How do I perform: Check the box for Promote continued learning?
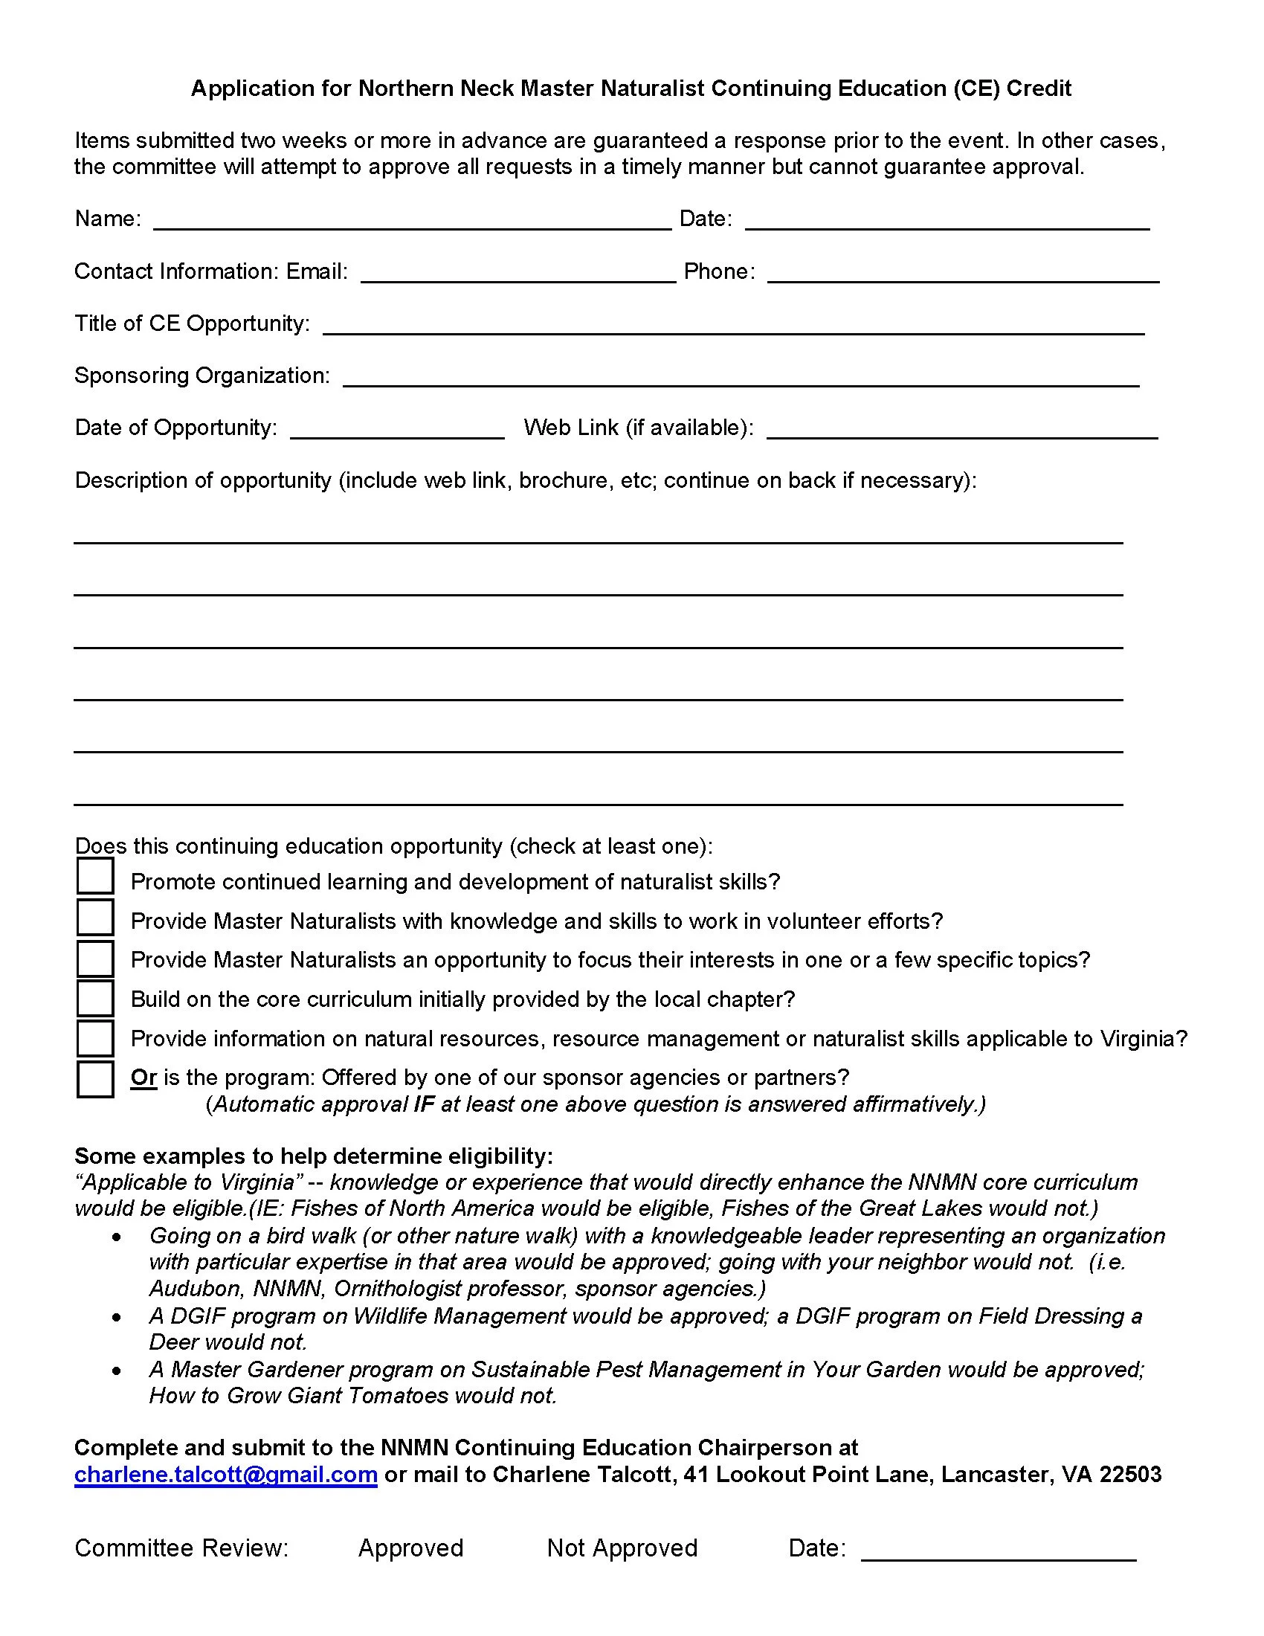(95, 877)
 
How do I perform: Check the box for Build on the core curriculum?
(95, 998)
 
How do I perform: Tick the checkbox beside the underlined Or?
(95, 1079)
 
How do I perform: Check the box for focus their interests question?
(95, 958)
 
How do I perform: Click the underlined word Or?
(143, 1078)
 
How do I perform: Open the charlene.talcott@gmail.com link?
(225, 1473)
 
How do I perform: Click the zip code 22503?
(1130, 1473)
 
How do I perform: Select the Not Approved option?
(622, 1548)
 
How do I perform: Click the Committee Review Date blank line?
(998, 1550)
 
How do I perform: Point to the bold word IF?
(424, 1104)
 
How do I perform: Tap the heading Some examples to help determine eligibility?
(313, 1156)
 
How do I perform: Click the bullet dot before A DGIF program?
(117, 1316)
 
